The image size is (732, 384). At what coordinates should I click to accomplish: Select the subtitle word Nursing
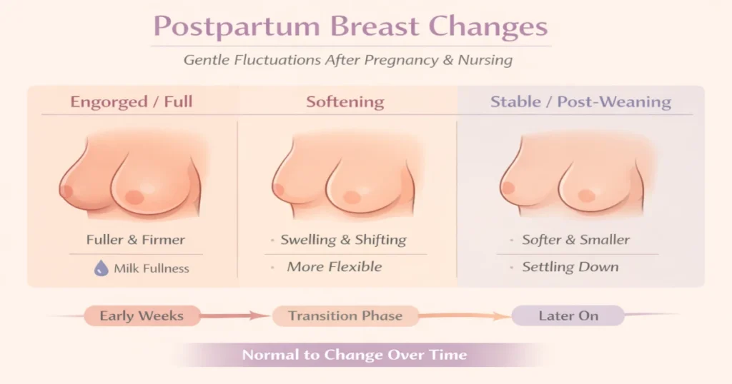[487, 60]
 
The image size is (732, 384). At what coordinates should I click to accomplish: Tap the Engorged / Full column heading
[131, 102]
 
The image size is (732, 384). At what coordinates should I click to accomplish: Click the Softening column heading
[345, 102]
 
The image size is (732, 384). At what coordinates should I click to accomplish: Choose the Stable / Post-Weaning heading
[580, 102]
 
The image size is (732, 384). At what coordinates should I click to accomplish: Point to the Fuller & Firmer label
[136, 240]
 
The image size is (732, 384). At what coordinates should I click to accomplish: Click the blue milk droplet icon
[101, 268]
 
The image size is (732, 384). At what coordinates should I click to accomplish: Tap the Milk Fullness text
[152, 268]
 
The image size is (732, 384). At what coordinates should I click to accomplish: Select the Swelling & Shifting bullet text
[343, 240]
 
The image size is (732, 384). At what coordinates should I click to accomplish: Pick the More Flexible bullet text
[335, 267]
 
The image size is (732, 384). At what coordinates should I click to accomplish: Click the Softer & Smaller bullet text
[576, 240]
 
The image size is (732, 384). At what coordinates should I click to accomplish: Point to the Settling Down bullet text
[570, 267]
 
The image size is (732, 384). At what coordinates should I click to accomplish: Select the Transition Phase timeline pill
[345, 315]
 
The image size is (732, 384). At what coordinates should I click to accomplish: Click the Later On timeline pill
[568, 315]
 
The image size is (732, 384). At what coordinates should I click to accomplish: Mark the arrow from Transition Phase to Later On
[465, 315]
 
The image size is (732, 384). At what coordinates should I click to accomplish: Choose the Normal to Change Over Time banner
[354, 355]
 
